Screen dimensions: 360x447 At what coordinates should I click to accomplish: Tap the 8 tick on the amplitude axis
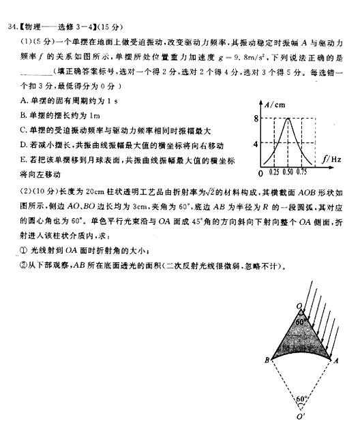[x=256, y=119]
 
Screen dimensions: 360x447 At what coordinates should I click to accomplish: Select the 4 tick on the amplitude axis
[x=256, y=144]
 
